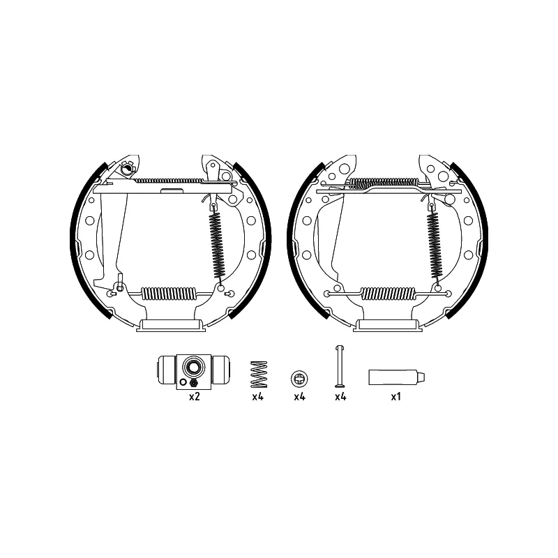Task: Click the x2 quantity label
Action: (195, 396)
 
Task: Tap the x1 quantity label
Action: (395, 396)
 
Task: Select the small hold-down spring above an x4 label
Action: (259, 375)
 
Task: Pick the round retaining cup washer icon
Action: (299, 378)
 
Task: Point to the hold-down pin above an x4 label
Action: (340, 366)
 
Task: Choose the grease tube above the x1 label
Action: (396, 377)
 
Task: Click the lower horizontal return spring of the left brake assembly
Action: (169, 294)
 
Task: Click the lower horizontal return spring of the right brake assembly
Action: (388, 294)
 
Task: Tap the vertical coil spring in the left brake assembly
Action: (216, 246)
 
